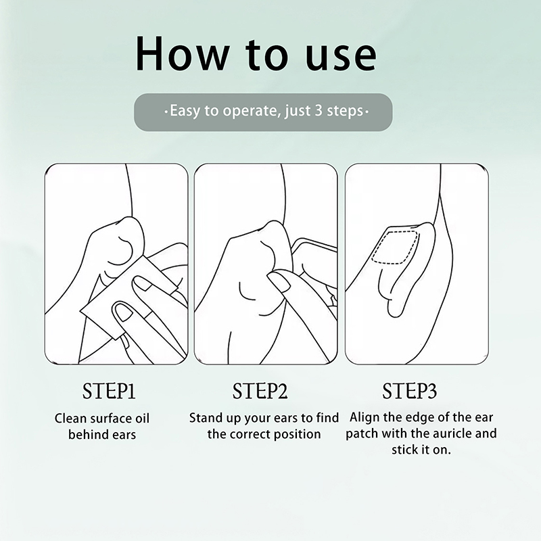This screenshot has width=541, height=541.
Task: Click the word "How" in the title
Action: (182, 53)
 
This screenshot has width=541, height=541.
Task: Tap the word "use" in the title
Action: (342, 57)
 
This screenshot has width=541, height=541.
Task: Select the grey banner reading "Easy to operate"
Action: (263, 112)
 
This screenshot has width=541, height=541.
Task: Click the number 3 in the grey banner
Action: (318, 111)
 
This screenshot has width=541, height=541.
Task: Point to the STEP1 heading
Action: (109, 391)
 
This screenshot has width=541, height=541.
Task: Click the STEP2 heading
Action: (260, 391)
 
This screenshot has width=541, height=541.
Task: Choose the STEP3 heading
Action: (410, 391)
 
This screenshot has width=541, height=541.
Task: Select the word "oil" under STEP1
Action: (142, 418)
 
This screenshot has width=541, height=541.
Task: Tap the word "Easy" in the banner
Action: (185, 112)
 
